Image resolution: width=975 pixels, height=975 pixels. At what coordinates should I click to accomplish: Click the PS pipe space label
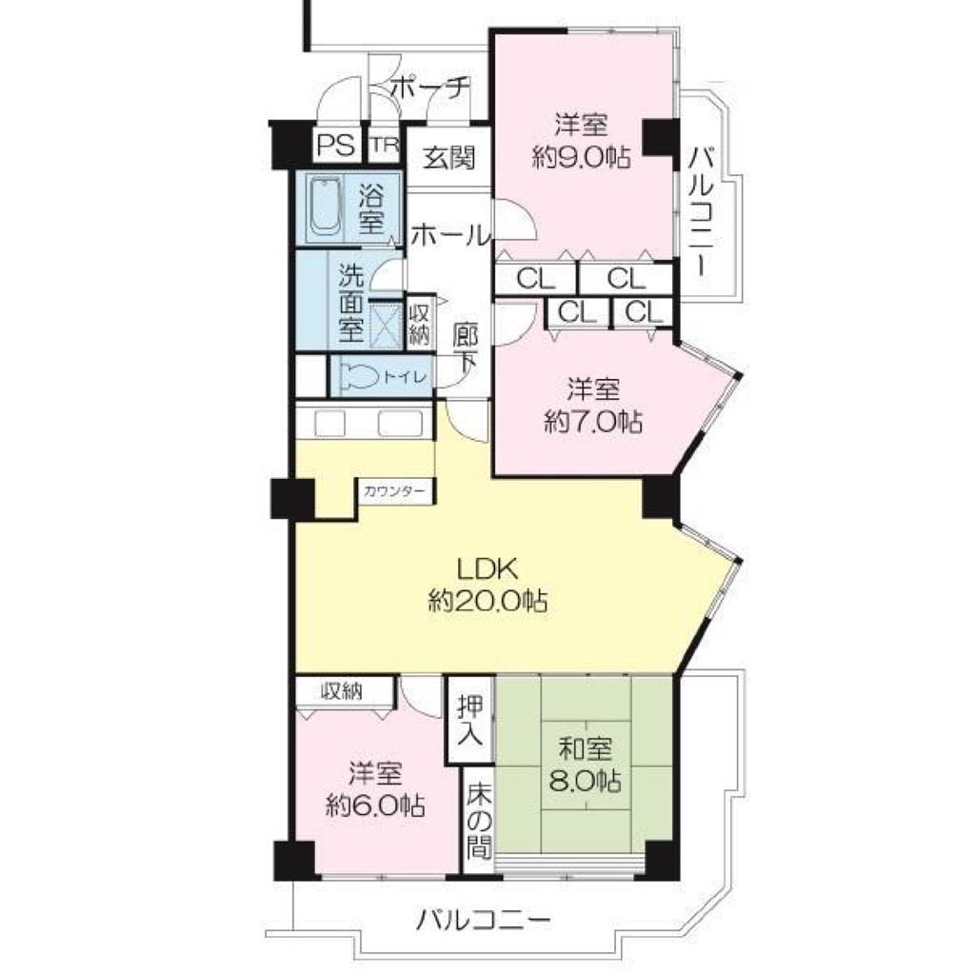336,145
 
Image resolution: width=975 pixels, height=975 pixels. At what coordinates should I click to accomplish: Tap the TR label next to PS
386,145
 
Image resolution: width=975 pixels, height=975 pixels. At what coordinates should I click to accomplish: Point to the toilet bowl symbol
359,377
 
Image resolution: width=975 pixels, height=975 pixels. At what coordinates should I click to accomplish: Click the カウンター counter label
394,491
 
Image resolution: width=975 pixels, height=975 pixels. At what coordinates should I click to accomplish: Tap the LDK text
487,567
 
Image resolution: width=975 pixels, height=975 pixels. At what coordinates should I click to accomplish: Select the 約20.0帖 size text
487,601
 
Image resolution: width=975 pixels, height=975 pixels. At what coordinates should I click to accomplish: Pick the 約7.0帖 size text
592,423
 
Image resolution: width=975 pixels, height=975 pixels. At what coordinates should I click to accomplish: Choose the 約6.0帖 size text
375,806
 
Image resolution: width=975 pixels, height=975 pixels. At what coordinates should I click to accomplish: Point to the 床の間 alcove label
480,820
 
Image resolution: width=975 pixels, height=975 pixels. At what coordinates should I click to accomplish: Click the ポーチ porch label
429,88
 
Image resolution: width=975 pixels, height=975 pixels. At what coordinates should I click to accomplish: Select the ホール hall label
450,236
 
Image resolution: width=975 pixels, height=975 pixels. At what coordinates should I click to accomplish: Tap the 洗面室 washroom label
350,303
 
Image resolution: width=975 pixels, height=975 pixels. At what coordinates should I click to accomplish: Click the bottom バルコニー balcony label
483,919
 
